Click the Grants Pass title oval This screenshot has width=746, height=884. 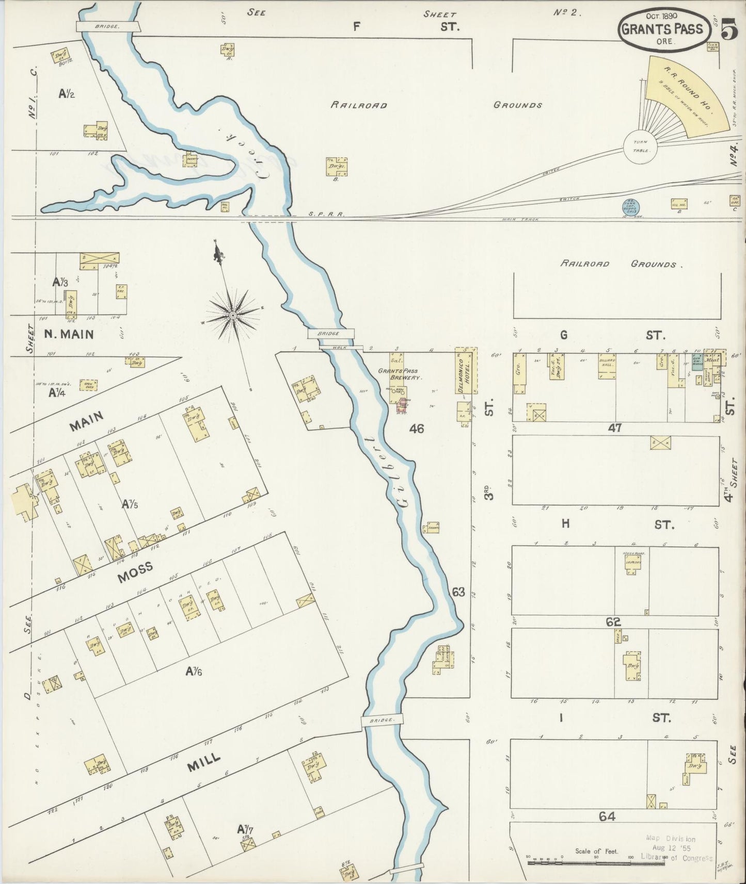pos(662,29)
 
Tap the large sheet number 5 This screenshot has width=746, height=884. pos(729,29)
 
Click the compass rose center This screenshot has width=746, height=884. pos(233,314)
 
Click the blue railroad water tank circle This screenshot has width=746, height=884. pos(631,207)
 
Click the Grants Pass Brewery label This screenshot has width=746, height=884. pos(398,374)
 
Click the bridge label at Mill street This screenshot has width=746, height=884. pos(382,720)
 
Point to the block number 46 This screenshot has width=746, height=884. pos(416,428)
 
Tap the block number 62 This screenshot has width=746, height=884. pos(613,622)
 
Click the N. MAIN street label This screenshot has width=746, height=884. pos(69,334)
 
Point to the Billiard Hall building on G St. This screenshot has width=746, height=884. pos(607,365)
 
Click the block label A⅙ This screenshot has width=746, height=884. pos(194,671)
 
